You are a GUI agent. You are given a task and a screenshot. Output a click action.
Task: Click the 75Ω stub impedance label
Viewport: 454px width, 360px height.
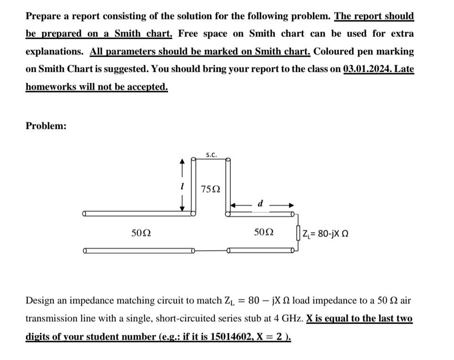pos(210,189)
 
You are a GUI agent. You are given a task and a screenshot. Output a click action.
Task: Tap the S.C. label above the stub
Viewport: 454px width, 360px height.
pos(211,154)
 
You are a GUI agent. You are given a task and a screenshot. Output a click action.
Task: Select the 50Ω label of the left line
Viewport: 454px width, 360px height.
pos(141,233)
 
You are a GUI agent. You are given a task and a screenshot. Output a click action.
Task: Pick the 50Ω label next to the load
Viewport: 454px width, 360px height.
pos(264,233)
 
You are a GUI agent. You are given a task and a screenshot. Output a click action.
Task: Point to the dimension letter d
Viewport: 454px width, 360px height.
pos(261,203)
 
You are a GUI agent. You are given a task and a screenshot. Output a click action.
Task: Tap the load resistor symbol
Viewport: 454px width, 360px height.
pos(298,233)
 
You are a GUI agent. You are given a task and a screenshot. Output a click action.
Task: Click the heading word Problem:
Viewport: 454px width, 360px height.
pos(46,126)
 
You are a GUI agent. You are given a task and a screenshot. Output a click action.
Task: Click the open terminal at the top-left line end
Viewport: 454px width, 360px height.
pos(84,214)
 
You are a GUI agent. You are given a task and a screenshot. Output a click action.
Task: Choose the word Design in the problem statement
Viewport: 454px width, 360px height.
pos(40,301)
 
